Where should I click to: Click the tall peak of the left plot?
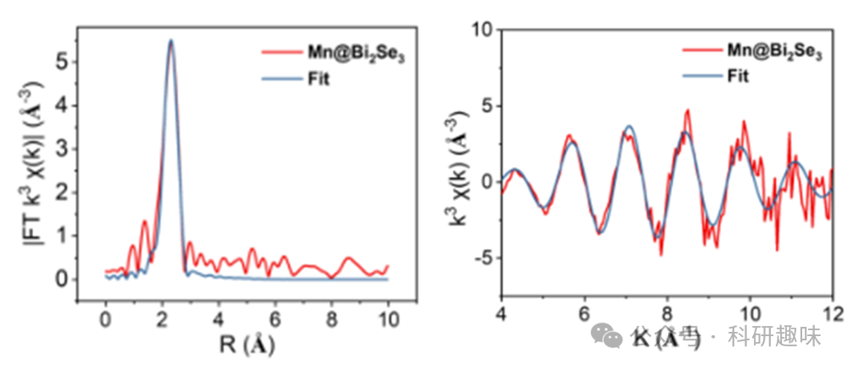tap(170, 42)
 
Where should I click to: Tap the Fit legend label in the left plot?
tap(319, 80)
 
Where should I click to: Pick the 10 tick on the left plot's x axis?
tap(388, 321)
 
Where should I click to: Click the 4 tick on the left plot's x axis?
tap(218, 321)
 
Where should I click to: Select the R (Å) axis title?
tap(246, 345)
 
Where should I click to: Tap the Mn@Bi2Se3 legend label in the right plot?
tap(774, 51)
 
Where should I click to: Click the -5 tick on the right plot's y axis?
tap(481, 257)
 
